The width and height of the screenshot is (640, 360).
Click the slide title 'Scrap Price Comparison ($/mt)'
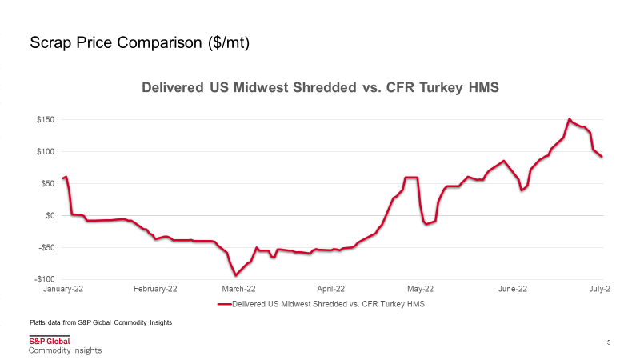140,43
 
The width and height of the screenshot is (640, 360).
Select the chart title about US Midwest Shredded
320,87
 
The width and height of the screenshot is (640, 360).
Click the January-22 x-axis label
64,289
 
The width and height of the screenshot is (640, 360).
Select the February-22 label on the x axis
155,289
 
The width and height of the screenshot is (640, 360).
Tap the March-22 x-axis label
238,289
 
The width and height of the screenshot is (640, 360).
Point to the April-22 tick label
330,289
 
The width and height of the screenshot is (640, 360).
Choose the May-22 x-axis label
420,289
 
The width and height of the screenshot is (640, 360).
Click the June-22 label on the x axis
512,289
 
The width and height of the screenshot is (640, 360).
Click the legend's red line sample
223,304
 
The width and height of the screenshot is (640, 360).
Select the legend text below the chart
328,304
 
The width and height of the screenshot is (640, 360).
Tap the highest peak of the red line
569,119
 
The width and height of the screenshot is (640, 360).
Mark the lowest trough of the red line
236,275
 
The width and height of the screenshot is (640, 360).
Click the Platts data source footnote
101,322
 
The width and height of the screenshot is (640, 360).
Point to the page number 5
609,342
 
